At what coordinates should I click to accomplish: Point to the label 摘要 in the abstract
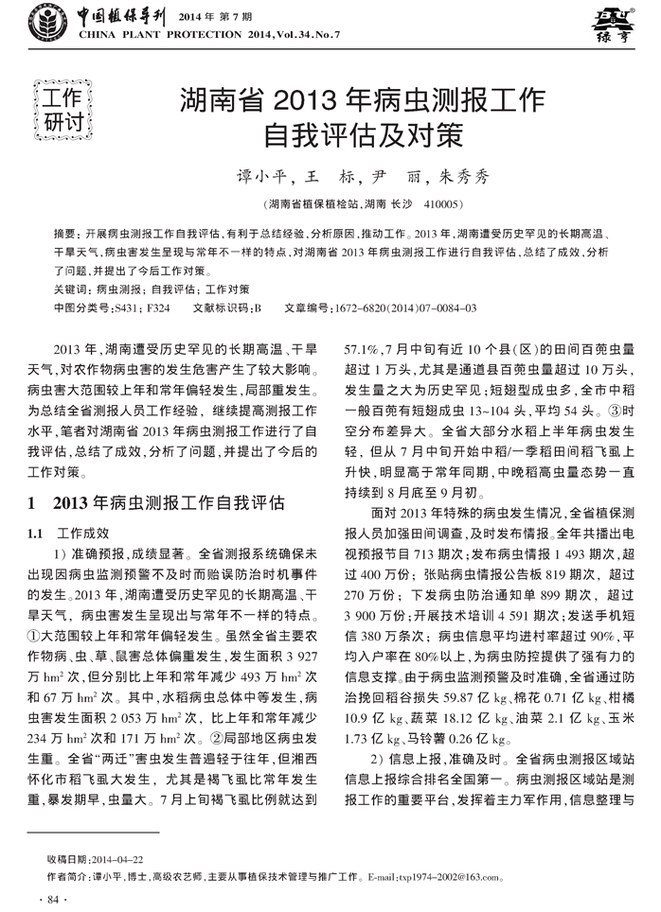65,234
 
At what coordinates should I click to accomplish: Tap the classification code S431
128,307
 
